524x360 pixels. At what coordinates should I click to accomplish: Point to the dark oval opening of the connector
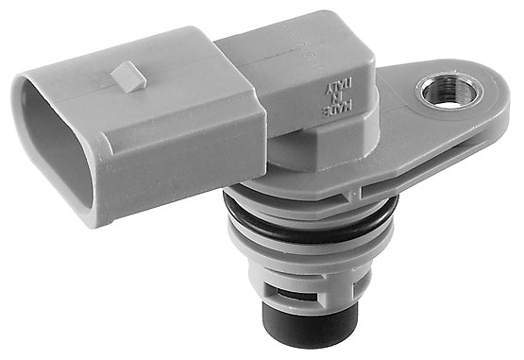click(x=48, y=151)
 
